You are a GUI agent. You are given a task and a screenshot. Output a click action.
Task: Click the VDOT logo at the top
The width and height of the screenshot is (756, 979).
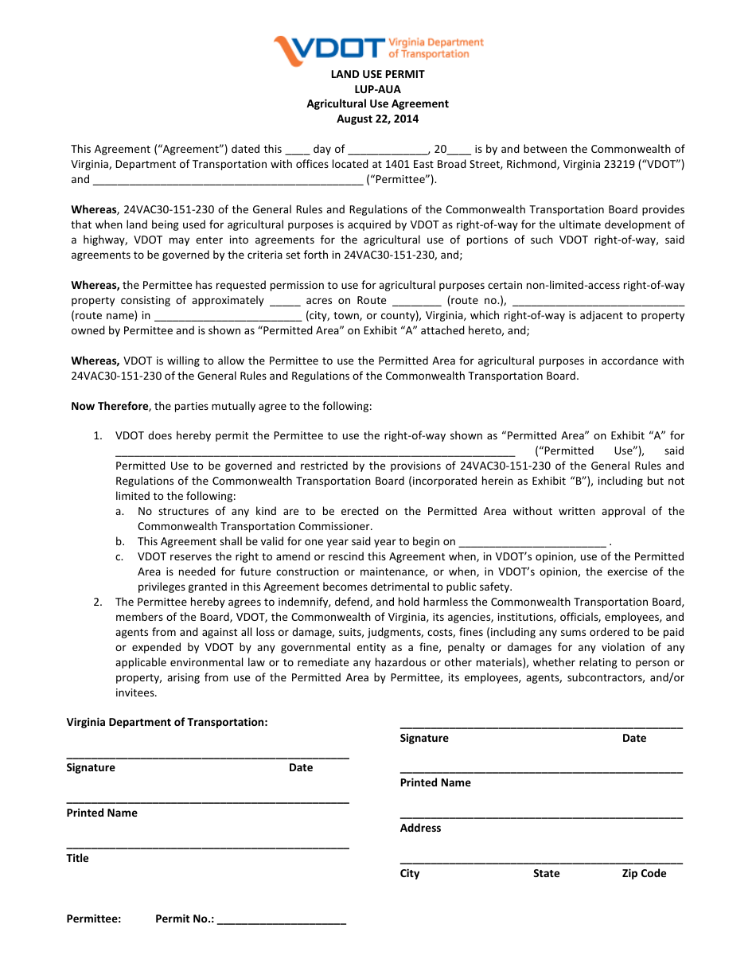pyautogui.click(x=378, y=49)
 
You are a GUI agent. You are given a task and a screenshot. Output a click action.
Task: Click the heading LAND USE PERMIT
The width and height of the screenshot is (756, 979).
pyautogui.click(x=378, y=74)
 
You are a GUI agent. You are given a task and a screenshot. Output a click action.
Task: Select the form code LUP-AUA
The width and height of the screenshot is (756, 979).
pyautogui.click(x=378, y=89)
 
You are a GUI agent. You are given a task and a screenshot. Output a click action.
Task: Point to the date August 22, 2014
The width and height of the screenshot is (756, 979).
pyautogui.click(x=378, y=119)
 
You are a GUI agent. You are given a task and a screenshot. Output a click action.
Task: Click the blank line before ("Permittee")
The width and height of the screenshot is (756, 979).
pyautogui.click(x=228, y=180)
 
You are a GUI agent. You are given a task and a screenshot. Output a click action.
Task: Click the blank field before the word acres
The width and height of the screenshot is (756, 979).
pyautogui.click(x=285, y=301)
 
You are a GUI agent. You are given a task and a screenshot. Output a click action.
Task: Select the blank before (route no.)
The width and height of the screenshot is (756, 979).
pyautogui.click(x=416, y=301)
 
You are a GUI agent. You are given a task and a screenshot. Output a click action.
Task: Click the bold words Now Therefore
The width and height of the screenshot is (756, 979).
pyautogui.click(x=110, y=407)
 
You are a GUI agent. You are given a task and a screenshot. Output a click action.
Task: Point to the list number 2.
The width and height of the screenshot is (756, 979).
pyautogui.click(x=97, y=603)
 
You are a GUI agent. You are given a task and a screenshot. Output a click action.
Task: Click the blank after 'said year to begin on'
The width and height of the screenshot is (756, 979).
pyautogui.click(x=532, y=542)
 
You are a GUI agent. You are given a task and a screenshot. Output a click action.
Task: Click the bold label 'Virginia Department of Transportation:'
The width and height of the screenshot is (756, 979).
pyautogui.click(x=167, y=723)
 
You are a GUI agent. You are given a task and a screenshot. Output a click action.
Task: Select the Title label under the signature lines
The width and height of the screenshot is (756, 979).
pyautogui.click(x=78, y=859)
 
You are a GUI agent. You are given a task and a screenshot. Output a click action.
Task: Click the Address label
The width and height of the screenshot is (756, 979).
pyautogui.click(x=420, y=829)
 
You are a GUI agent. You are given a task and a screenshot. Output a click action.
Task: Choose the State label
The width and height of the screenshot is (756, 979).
pyautogui.click(x=546, y=874)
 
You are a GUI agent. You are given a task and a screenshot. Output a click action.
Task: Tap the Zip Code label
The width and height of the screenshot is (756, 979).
pyautogui.click(x=644, y=874)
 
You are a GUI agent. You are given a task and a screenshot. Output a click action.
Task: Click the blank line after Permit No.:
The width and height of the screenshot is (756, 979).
pyautogui.click(x=281, y=919)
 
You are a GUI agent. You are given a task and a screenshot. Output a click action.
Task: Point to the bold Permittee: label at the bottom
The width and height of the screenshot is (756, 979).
pyautogui.click(x=94, y=919)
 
